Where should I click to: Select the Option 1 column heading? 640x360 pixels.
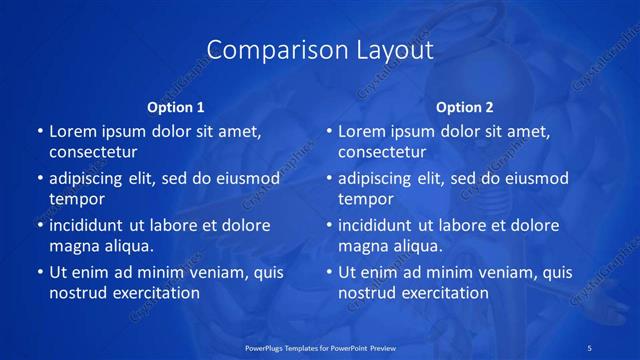176,106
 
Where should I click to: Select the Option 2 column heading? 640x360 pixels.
465,106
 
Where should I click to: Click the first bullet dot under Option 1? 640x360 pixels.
40,131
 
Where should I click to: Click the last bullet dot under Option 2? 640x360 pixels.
329,272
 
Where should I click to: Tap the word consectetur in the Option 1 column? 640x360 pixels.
93,152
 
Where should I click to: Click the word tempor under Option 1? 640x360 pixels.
77,199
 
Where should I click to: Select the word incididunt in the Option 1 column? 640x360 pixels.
89,225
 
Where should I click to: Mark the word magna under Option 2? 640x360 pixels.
362,246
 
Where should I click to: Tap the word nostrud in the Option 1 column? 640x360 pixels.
77,293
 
